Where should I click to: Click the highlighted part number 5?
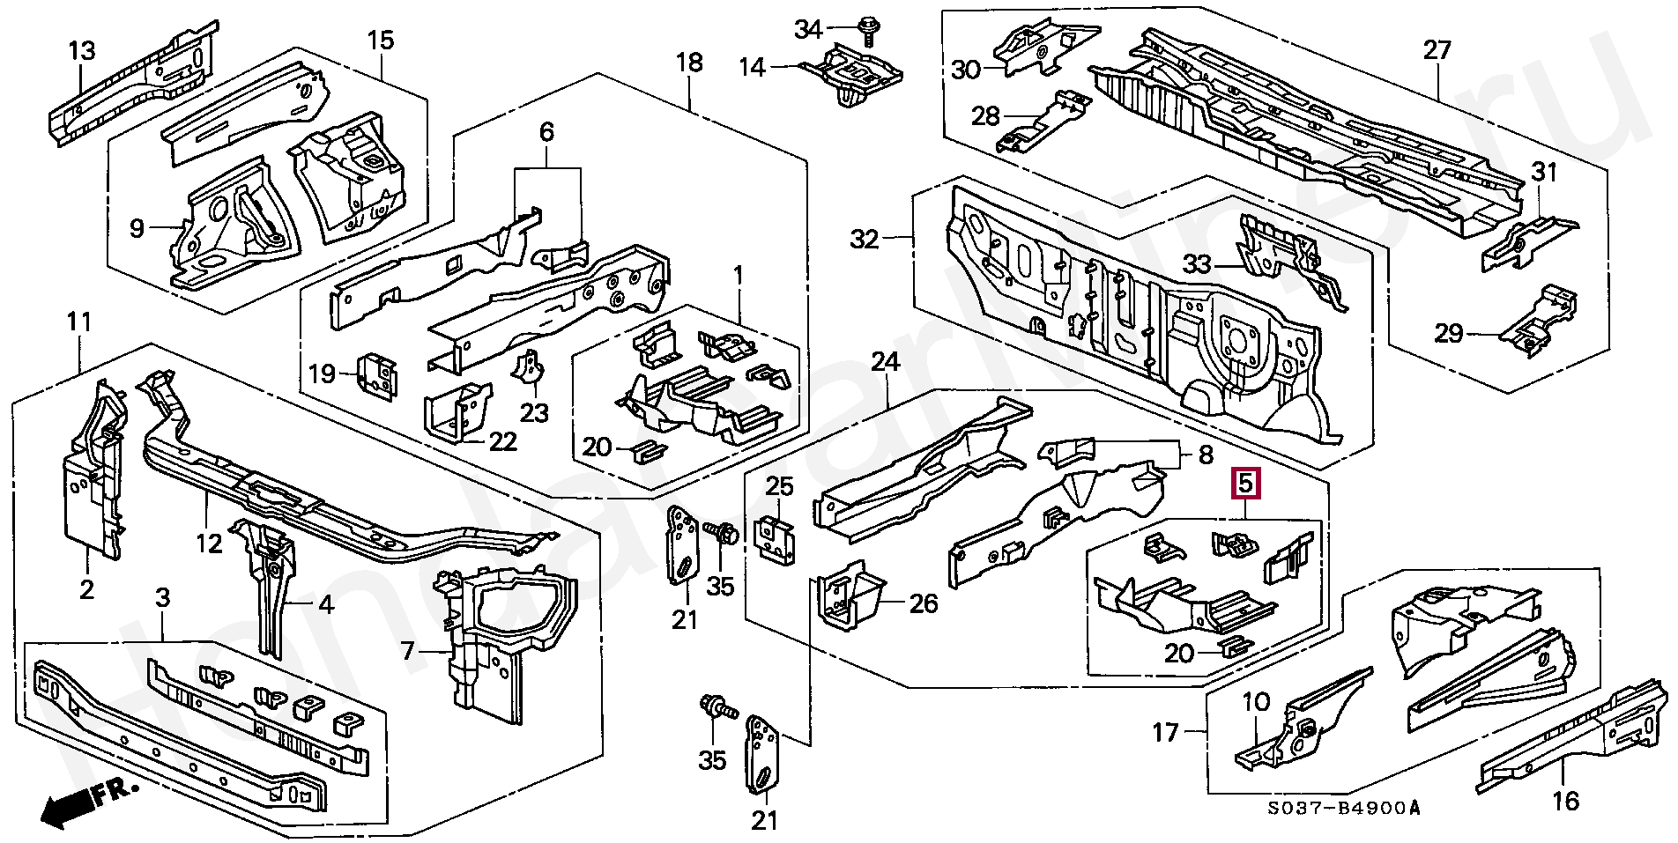click(x=1246, y=483)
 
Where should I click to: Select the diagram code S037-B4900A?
click(x=1344, y=808)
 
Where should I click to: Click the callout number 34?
click(x=808, y=30)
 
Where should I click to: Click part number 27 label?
click(x=1437, y=50)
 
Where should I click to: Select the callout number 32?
click(x=865, y=239)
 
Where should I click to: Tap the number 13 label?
click(x=82, y=50)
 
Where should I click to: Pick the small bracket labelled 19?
click(x=376, y=376)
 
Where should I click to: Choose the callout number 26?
click(x=923, y=603)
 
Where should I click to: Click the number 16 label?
click(x=1565, y=801)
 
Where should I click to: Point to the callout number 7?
click(x=407, y=651)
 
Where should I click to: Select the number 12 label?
click(x=209, y=544)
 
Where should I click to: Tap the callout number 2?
click(x=86, y=588)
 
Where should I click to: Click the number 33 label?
click(x=1197, y=263)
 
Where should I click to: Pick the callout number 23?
click(x=534, y=412)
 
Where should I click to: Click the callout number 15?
click(x=381, y=41)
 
